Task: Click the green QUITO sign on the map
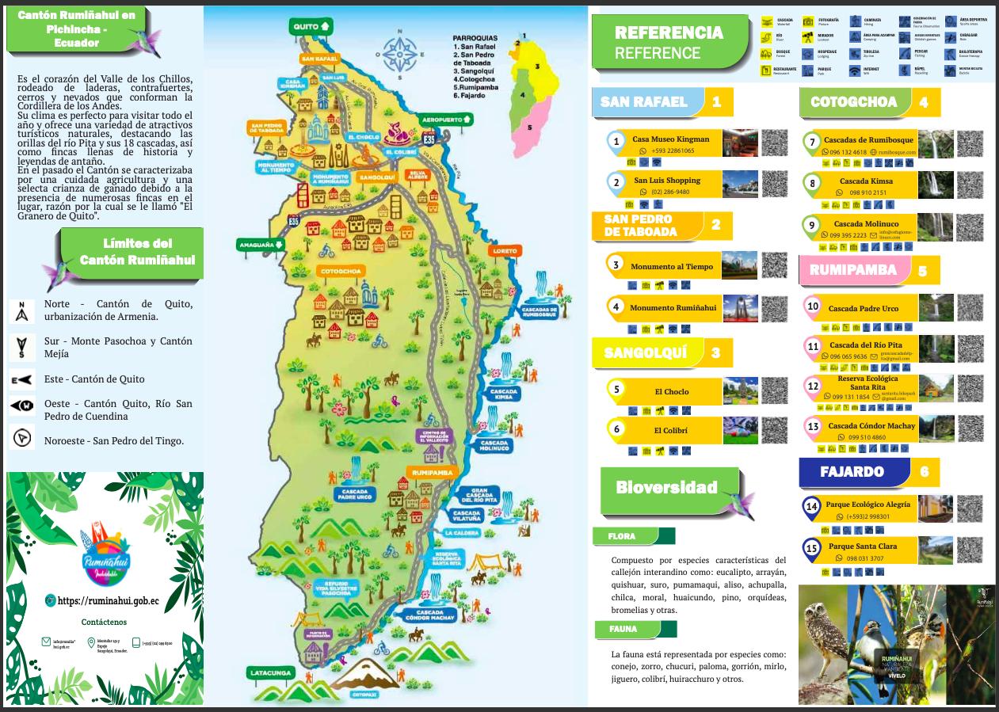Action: (313, 26)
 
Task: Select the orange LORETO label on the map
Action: (504, 251)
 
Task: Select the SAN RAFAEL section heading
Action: (643, 101)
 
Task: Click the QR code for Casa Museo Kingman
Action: (774, 143)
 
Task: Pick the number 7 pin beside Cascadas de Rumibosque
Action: (810, 143)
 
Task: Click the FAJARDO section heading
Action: (852, 471)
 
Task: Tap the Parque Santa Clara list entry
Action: (863, 546)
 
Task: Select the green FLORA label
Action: (622, 536)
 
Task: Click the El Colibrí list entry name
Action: (671, 431)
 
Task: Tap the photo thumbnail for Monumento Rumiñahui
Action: (739, 308)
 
